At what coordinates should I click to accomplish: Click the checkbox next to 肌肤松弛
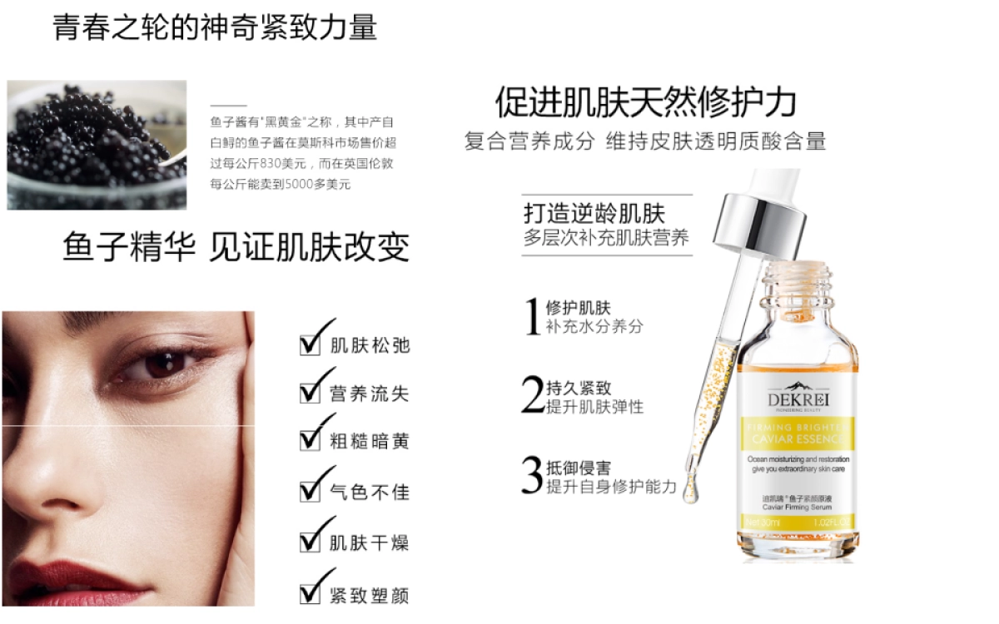[311, 344]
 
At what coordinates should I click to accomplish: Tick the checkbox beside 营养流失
[311, 393]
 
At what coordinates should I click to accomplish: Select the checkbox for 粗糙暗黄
[311, 441]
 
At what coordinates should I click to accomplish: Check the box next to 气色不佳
[311, 491]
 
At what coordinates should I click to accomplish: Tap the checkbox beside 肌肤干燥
[311, 542]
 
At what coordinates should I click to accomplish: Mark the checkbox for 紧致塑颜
[311, 594]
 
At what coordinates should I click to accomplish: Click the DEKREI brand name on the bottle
[793, 399]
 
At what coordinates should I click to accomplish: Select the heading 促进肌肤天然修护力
[646, 102]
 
